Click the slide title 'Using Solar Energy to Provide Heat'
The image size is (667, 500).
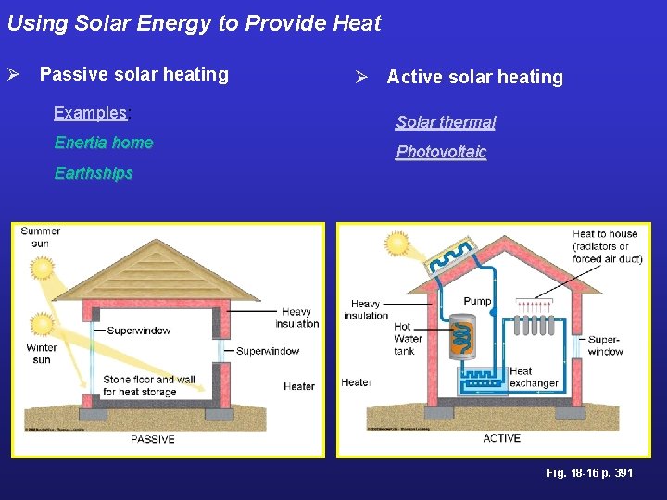[194, 23]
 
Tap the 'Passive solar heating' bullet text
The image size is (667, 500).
[133, 74]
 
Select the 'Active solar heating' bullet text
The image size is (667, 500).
[474, 77]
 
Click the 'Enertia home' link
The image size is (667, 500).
[104, 143]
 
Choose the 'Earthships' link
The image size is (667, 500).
[94, 173]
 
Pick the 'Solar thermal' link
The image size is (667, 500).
[446, 122]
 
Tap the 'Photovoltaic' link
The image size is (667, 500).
[441, 152]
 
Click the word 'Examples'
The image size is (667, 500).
[90, 113]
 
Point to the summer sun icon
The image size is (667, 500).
[42, 269]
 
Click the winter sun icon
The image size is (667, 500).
[42, 324]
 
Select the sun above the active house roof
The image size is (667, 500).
[397, 244]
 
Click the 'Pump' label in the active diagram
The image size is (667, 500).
[477, 301]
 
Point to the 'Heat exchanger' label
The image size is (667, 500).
[533, 377]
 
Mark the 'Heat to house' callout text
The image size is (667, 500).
[607, 246]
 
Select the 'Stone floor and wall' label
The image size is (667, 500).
[148, 385]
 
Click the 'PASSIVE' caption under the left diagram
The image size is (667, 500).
[152, 439]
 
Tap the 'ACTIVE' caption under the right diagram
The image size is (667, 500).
[501, 438]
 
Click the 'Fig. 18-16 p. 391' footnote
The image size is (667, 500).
[589, 473]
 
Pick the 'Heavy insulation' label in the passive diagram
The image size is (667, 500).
[296, 318]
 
